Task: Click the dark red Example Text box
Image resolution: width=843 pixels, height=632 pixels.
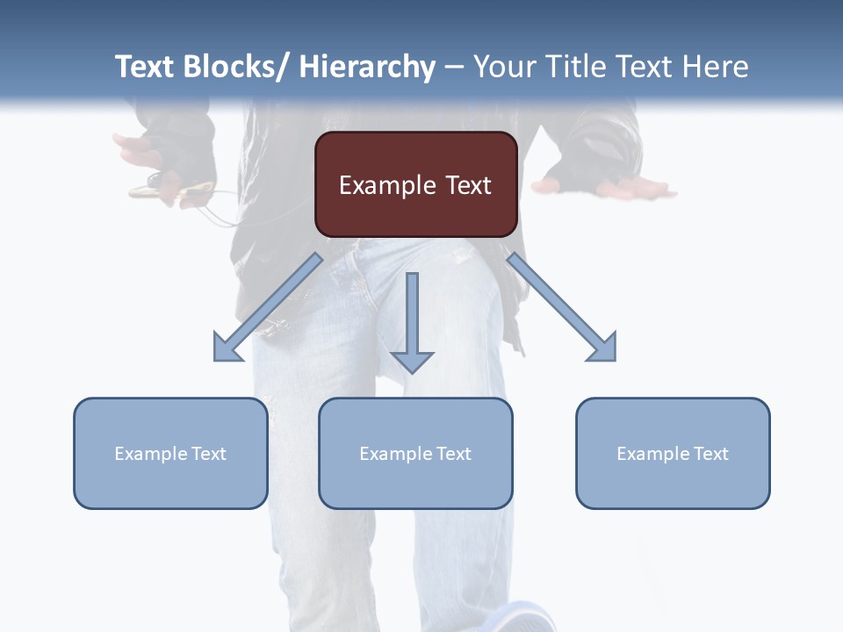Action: (x=415, y=184)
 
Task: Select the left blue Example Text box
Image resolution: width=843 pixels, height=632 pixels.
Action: (x=170, y=453)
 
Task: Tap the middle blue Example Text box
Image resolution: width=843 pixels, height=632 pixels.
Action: (x=415, y=453)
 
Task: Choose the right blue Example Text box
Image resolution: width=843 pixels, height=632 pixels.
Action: (x=673, y=453)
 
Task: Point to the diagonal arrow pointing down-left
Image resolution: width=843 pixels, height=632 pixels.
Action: (x=268, y=307)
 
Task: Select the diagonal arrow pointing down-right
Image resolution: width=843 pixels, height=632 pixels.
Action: (x=562, y=307)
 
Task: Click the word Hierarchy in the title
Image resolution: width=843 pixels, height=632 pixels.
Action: (x=367, y=67)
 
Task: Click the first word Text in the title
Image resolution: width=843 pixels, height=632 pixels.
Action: (x=146, y=67)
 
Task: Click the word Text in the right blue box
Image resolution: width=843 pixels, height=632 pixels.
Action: (x=710, y=453)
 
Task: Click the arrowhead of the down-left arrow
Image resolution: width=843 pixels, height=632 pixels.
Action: (x=227, y=348)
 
